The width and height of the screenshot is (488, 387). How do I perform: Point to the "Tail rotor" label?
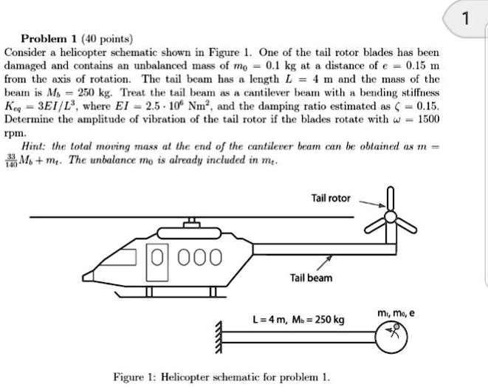334,199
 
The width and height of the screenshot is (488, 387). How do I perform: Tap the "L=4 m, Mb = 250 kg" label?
286,319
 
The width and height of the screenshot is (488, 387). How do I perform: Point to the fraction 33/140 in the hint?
13,163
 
